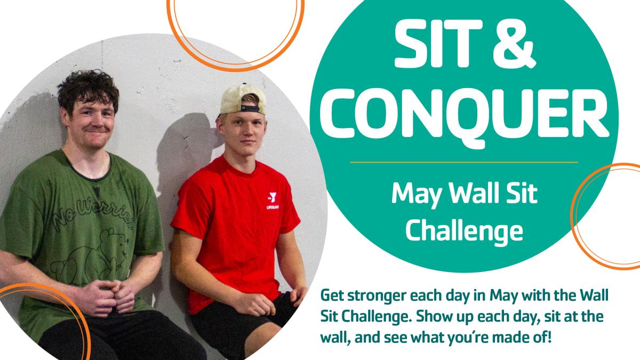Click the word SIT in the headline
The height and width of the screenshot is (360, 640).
tap(438, 44)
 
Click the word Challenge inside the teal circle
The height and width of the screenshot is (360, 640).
tap(464, 231)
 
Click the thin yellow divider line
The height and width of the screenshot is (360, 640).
tap(464, 162)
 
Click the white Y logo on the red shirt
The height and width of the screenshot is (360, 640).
tap(273, 197)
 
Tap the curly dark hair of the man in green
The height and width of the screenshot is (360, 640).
tap(88, 89)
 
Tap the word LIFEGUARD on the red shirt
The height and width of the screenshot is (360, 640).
tap(273, 207)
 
